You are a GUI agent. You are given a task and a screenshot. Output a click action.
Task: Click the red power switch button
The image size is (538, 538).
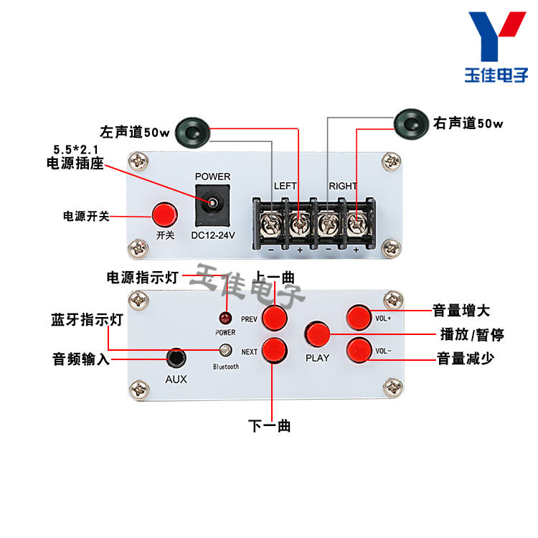[164, 213]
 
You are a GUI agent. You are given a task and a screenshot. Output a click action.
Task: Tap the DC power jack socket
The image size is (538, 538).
[213, 204]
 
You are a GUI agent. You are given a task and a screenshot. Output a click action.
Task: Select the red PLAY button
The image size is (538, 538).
[316, 334]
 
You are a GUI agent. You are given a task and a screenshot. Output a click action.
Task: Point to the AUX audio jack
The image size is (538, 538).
[176, 357]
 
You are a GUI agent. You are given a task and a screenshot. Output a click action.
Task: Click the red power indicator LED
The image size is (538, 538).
[225, 318]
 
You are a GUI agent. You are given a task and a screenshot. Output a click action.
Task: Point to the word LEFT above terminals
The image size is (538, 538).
[285, 186]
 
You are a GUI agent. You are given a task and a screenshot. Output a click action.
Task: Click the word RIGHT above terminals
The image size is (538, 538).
[342, 186]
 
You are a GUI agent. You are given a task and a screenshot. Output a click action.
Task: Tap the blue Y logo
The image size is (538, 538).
[496, 36]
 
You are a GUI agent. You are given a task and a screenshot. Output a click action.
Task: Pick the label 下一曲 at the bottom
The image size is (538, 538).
[269, 425]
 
